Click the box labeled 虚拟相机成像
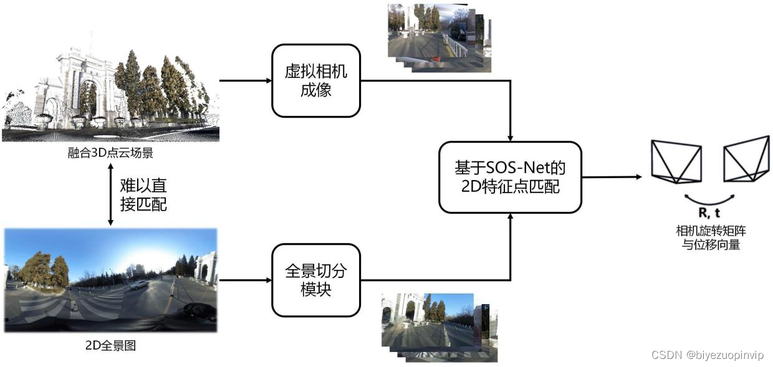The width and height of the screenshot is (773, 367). pos(316,80)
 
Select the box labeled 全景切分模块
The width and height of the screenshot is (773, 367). pos(316,280)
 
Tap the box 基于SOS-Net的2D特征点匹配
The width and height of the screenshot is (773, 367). pos(510,177)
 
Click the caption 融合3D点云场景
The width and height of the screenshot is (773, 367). pos(110,153)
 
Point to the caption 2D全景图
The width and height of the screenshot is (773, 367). pos(110,345)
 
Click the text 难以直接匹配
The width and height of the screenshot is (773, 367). pos(143,194)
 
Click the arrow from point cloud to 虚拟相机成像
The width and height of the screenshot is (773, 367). pos(246,80)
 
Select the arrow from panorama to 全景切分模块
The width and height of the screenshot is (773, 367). pos(246,280)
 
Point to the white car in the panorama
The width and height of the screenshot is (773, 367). pos(139,284)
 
